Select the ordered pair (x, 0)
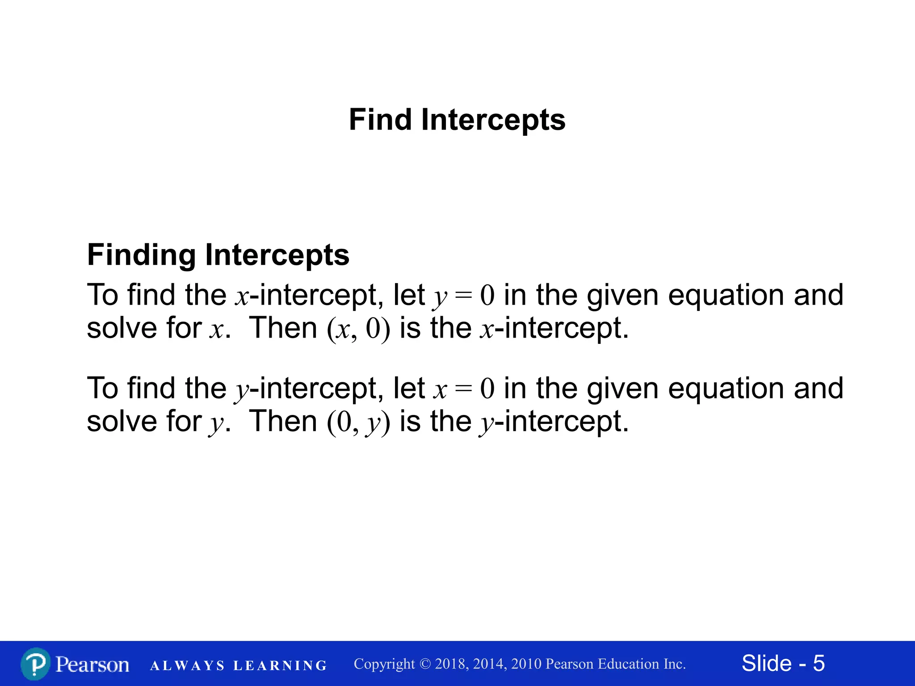[358, 329]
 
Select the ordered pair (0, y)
[358, 422]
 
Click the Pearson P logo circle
[35, 664]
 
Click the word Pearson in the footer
[92, 664]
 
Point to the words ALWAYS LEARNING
[239, 665]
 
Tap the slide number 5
[818, 663]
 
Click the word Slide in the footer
[766, 663]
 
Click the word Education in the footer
[628, 664]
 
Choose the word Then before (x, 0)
[283, 328]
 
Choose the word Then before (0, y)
[283, 421]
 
